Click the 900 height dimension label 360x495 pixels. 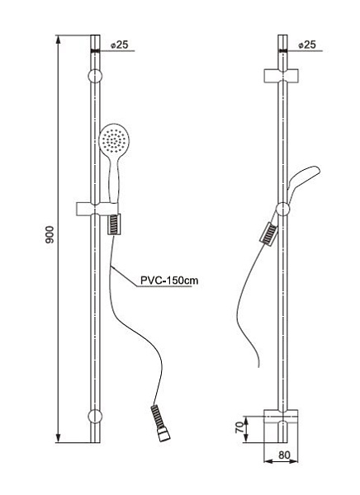click(x=50, y=234)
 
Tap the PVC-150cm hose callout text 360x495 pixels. click(x=169, y=280)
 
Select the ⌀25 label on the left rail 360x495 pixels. click(x=120, y=45)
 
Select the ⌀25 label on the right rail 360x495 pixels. click(x=307, y=45)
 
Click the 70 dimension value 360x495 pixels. click(x=240, y=427)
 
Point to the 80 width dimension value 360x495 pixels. click(x=284, y=455)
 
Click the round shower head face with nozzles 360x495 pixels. click(x=112, y=139)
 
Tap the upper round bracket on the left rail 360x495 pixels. click(x=95, y=77)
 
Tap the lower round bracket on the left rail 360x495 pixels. click(x=95, y=416)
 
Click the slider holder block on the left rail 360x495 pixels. click(x=97, y=209)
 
